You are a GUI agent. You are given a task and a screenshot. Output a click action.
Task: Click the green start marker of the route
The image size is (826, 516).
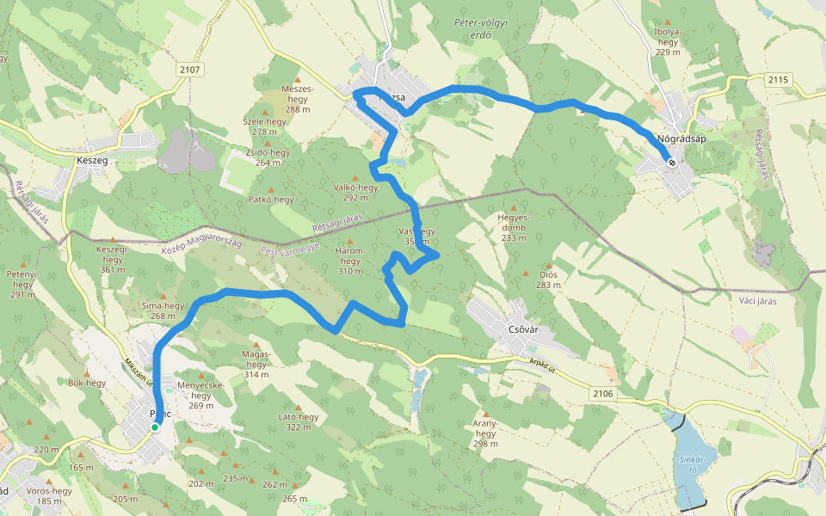(x=155, y=427)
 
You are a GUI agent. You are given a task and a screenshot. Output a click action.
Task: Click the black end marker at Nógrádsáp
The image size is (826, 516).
(x=671, y=163)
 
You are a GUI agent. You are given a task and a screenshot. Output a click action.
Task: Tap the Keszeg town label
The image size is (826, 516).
(x=91, y=160)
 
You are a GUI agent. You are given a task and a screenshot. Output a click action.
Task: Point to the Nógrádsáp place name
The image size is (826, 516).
(x=681, y=138)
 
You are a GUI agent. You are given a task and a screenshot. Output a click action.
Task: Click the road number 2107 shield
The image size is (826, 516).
(x=189, y=68)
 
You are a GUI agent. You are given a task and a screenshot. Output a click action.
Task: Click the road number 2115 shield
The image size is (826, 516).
(x=778, y=79)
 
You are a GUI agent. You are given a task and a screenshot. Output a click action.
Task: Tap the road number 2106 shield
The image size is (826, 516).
(x=604, y=393)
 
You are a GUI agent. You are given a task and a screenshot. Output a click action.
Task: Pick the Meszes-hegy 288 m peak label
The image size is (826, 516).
(x=298, y=99)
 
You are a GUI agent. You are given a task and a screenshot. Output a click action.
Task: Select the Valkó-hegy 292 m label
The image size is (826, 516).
(x=355, y=192)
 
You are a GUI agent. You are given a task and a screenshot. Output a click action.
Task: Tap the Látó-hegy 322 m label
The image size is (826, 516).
(x=298, y=421)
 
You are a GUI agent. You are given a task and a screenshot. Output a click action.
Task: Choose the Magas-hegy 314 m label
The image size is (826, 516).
(x=256, y=363)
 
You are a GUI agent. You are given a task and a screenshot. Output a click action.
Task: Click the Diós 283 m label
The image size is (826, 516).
(x=547, y=279)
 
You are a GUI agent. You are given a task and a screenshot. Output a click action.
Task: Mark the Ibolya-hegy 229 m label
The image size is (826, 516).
(x=668, y=41)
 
